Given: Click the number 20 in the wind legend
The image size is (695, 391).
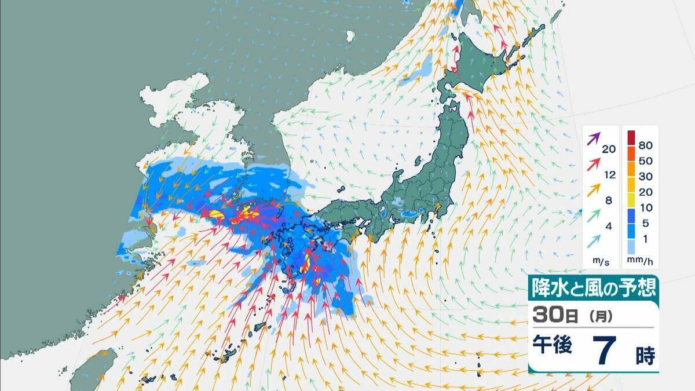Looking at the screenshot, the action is click(609, 149).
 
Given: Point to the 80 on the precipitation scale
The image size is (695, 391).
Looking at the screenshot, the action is click(646, 141).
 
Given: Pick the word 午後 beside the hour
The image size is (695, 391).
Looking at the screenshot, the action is click(553, 346).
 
